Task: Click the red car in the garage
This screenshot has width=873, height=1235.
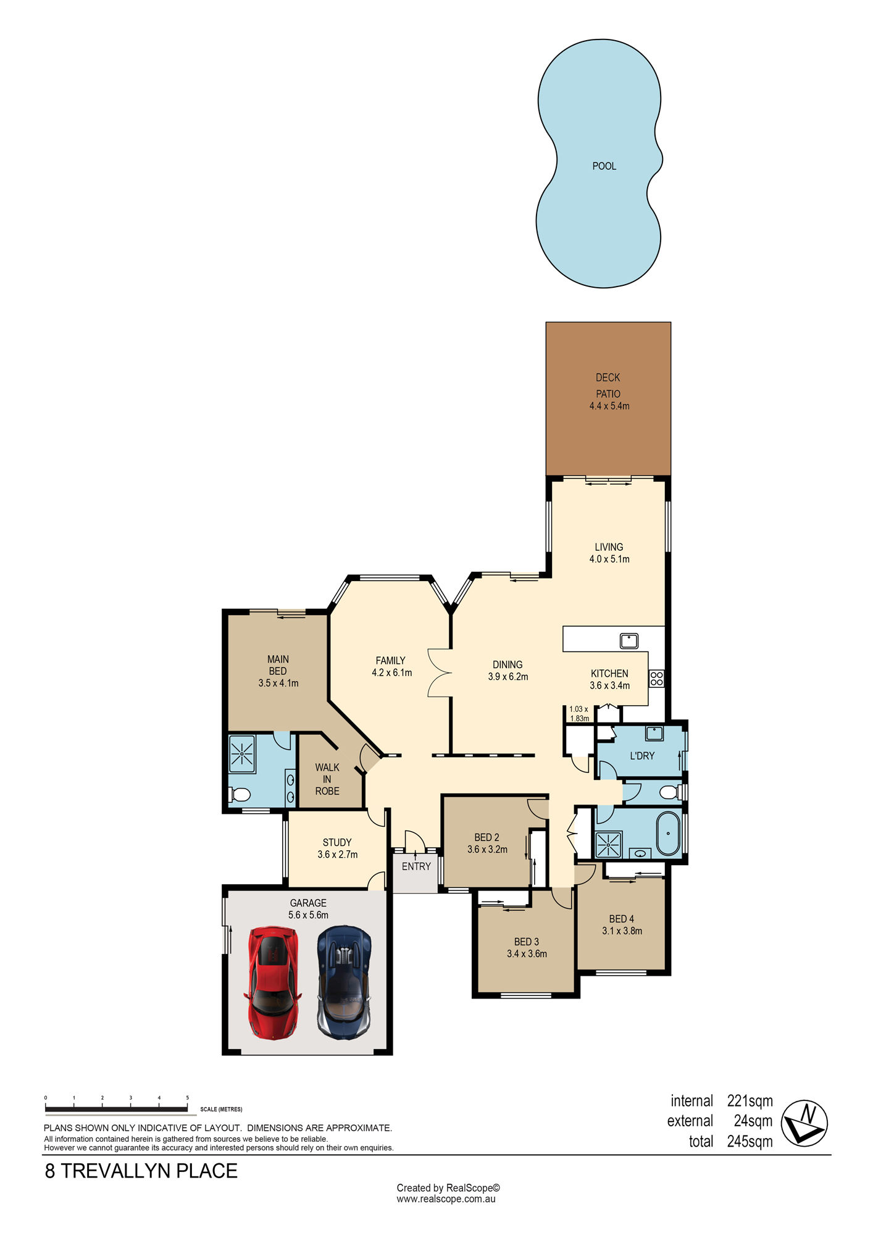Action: click(x=273, y=982)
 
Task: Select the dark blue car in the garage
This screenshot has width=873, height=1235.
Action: click(x=345, y=981)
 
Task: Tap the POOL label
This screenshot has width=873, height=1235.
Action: click(x=604, y=166)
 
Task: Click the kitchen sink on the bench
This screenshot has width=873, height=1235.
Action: click(x=629, y=640)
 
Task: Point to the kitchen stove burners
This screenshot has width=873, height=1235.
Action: click(x=656, y=679)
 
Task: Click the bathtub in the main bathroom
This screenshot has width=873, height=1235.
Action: click(x=668, y=834)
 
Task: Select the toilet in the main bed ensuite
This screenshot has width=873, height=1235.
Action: click(x=240, y=794)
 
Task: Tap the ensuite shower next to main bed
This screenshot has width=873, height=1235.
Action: click(x=242, y=754)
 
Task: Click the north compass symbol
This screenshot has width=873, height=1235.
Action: click(x=804, y=1123)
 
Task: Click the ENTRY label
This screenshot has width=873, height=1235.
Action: click(x=416, y=866)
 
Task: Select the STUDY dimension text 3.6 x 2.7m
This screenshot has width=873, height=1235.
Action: click(x=338, y=855)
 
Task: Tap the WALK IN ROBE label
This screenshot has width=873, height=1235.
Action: click(x=327, y=779)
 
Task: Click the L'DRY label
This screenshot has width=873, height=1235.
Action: click(x=642, y=756)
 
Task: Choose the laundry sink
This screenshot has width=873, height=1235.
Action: click(x=654, y=734)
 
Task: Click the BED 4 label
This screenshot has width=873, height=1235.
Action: click(x=622, y=919)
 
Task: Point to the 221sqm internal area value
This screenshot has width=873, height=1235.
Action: click(x=750, y=1101)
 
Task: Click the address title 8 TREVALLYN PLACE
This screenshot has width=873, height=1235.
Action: click(x=141, y=1171)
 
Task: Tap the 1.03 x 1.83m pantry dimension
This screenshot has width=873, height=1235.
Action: click(x=579, y=714)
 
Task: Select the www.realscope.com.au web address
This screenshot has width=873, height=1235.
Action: click(x=446, y=1199)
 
